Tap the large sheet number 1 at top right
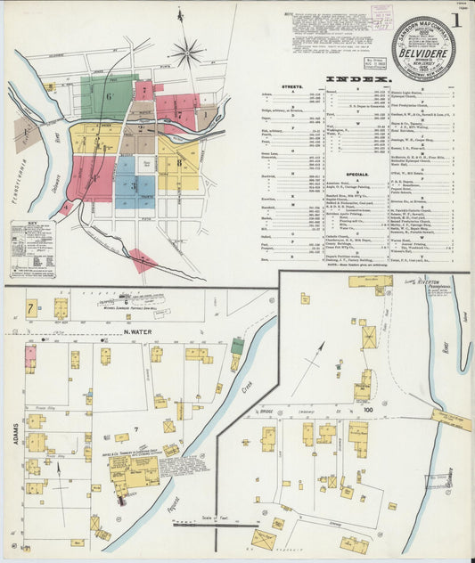point(456,20)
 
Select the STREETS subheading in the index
point(294,86)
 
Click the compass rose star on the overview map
point(187,53)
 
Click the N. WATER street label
point(134,335)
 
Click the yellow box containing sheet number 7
point(31,308)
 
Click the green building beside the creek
point(238,346)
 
